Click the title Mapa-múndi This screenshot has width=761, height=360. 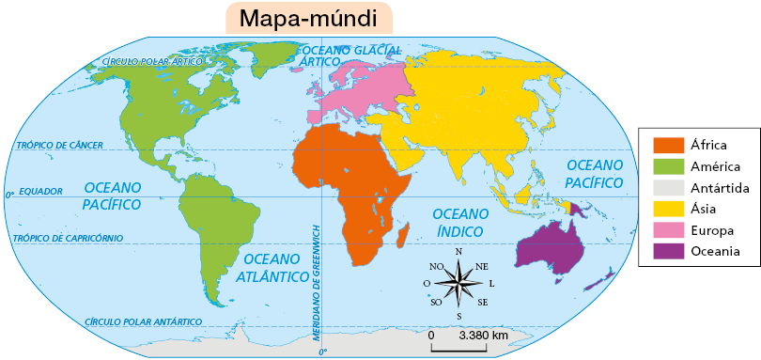point(307,18)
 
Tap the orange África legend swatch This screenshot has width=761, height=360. point(668,145)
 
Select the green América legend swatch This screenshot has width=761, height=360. point(668,166)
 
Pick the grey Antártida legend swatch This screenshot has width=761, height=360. point(668,188)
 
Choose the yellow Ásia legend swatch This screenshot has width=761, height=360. point(668,209)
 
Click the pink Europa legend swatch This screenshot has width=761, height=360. point(668,230)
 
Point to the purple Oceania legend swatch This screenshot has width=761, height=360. point(668,251)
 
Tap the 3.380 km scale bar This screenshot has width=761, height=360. point(459,349)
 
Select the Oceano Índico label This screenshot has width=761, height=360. point(461,223)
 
